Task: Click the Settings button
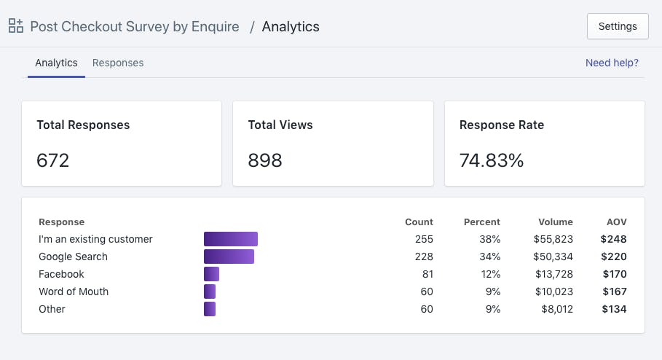618,26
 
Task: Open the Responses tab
118,63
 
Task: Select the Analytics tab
56,63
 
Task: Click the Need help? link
612,63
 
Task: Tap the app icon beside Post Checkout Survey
15,27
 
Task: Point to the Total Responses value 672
53,160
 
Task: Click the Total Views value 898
264,160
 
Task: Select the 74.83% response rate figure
492,160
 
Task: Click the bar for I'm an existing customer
231,239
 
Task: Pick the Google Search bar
229,257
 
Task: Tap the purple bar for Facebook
211,274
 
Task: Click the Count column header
419,222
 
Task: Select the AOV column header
616,222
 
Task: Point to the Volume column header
556,222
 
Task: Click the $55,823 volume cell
553,239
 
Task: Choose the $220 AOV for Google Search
614,257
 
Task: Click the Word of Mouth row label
74,291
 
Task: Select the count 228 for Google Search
423,257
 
